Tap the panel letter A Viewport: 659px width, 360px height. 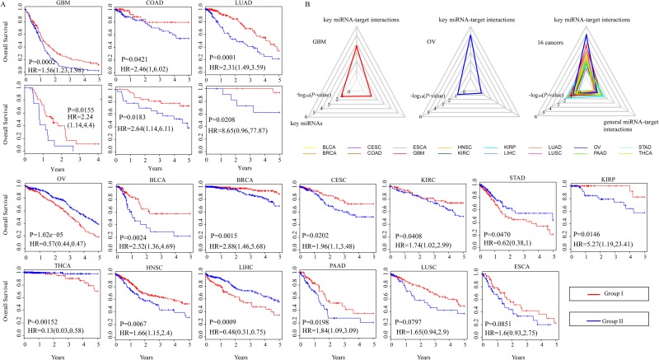[x=6, y=5]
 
